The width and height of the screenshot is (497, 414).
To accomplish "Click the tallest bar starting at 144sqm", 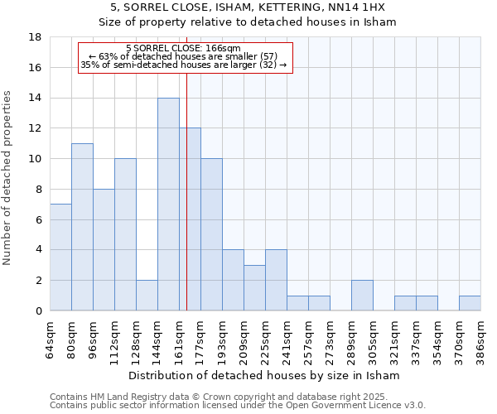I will pos(168,205).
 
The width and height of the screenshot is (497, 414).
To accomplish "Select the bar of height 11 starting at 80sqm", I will pos(82,227).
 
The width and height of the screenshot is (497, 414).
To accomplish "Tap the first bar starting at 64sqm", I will pos(60,258).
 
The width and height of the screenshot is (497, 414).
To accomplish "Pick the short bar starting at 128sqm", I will pos(147,296).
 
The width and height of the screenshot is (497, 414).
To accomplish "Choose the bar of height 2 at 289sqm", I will pos(362,296).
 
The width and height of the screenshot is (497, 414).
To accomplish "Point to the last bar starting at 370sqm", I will pos(470,303).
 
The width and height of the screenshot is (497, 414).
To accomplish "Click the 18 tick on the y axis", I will pos(35,37).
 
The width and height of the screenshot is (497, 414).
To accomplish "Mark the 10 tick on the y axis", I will pos(35,159).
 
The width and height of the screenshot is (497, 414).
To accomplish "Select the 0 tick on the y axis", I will pos(38,311).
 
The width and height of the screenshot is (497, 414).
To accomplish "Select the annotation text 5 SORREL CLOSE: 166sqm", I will pos(184,49).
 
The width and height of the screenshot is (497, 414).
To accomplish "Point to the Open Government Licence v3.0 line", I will pos(238,406).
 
